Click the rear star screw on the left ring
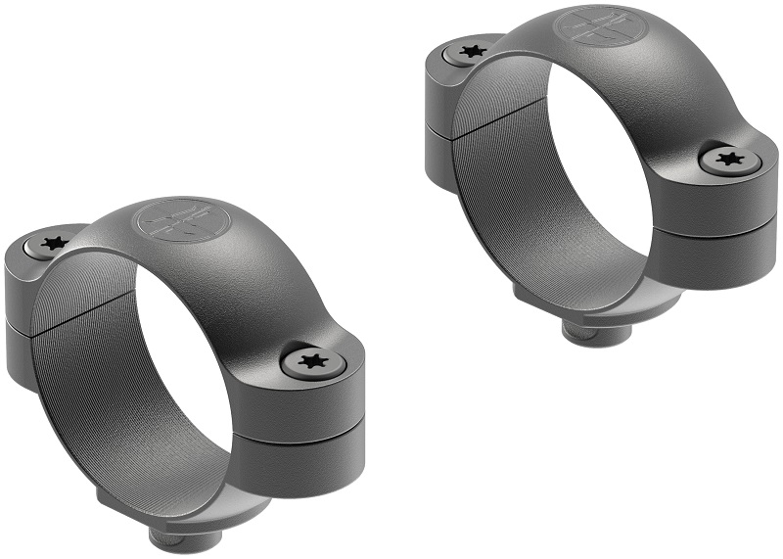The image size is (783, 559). [53, 242]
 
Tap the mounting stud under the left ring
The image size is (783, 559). [166, 536]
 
